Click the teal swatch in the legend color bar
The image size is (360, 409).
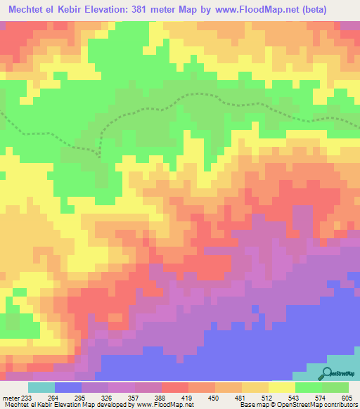coord(41,388)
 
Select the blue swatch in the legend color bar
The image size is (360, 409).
coord(68,388)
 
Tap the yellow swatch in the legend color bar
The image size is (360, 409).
coord(282,388)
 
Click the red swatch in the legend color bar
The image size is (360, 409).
coord(175,388)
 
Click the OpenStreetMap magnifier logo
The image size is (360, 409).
coord(326,373)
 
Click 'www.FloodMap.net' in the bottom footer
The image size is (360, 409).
coord(169,404)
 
